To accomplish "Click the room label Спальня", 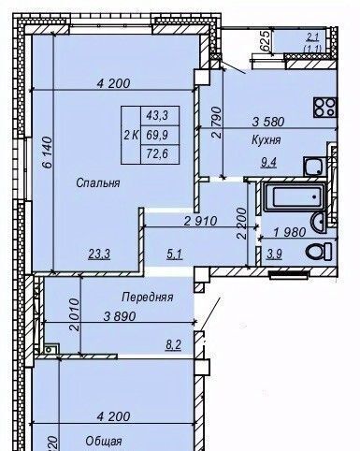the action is (x=98, y=183).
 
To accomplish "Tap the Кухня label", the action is (x=266, y=140).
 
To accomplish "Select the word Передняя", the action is (x=147, y=298).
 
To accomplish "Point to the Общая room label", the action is (x=104, y=442).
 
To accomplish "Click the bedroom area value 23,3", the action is (x=99, y=255).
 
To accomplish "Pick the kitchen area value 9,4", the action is (x=268, y=162).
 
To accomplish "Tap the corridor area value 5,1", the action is (x=174, y=255).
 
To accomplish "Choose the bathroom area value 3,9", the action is (x=274, y=255).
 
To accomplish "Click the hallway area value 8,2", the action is (x=174, y=345).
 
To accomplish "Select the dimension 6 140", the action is (x=48, y=152).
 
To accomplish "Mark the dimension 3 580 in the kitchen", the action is (x=268, y=122).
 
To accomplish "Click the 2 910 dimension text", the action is (x=200, y=222).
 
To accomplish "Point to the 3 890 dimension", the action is (x=120, y=316).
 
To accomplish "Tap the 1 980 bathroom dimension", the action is (x=290, y=232).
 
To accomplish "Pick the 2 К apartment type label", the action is (x=131, y=136).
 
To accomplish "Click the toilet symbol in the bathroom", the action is (x=319, y=252).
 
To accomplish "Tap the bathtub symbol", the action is (x=295, y=196).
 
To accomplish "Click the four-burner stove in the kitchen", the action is (x=325, y=108).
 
